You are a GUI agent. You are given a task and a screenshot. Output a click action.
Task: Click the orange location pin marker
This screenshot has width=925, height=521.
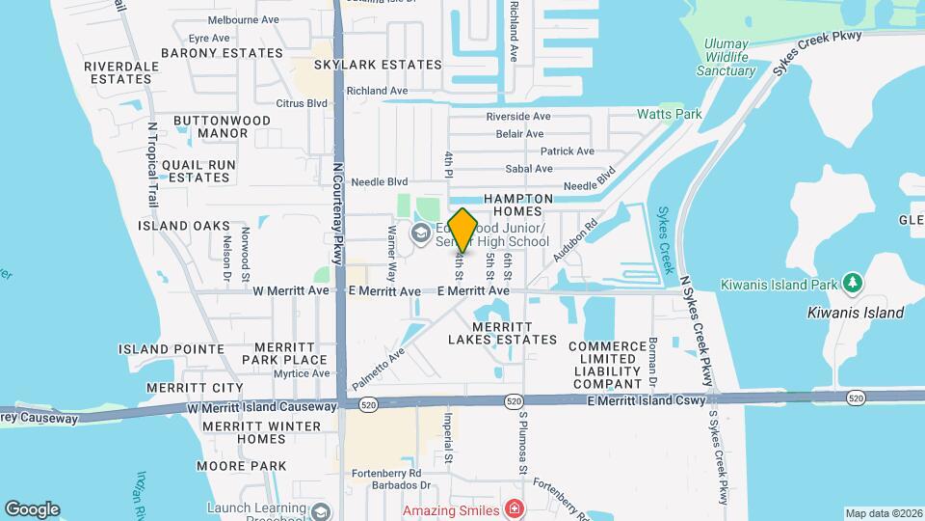pos(462,231)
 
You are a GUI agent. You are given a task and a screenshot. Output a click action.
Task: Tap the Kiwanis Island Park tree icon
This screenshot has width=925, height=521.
pos(851,284)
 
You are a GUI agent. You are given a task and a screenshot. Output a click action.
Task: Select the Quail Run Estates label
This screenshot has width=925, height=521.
pos(198,171)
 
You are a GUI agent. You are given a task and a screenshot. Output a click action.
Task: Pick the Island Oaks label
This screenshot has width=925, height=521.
pos(184,226)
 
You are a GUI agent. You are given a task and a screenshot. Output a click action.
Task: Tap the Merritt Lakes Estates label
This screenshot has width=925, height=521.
pos(503,333)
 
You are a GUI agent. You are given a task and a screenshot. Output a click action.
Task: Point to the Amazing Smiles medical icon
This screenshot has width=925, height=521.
pos(515,508)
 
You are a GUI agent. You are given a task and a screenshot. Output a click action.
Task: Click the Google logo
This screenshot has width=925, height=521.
pos(32,508)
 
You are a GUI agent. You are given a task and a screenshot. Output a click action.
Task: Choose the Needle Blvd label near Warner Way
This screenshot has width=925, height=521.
pos(380,181)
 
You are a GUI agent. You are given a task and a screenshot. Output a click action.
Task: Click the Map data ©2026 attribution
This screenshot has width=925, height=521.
pos(883,513)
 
